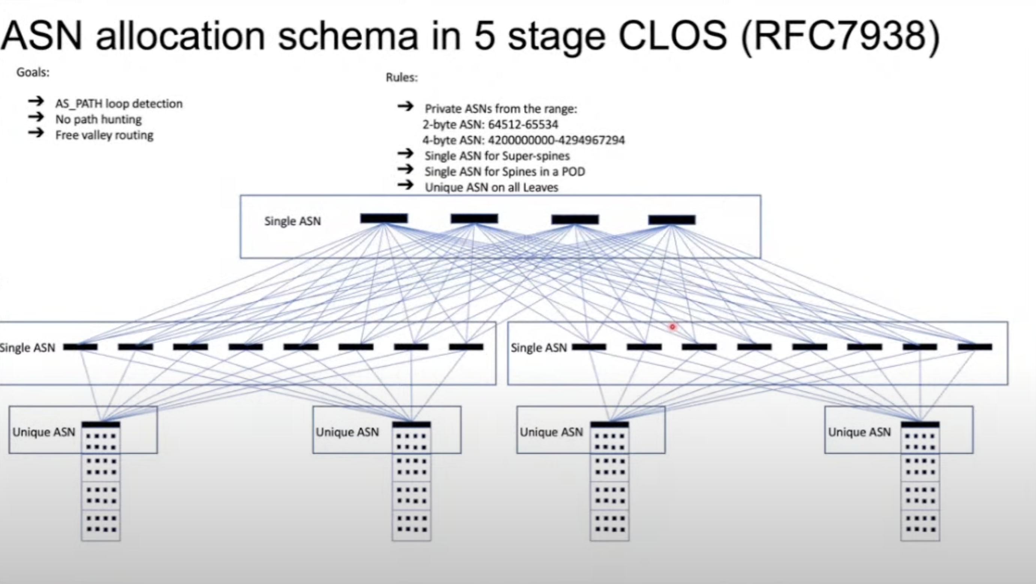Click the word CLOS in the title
(x=672, y=36)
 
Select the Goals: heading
(x=33, y=72)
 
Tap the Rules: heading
(x=402, y=77)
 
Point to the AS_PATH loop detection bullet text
(x=119, y=104)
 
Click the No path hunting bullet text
(x=99, y=120)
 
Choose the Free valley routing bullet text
(x=104, y=135)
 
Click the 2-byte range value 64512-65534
(x=523, y=125)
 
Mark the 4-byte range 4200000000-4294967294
(x=556, y=140)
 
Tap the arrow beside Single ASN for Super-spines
(x=406, y=153)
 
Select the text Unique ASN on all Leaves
(x=491, y=187)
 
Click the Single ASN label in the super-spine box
(x=292, y=221)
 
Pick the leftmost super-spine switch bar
(x=384, y=219)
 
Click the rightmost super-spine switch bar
(x=672, y=220)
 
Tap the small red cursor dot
(x=672, y=327)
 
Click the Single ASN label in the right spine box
(x=539, y=347)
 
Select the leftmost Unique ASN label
(x=43, y=432)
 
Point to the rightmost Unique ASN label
(x=859, y=432)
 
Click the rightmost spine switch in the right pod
(x=975, y=347)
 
